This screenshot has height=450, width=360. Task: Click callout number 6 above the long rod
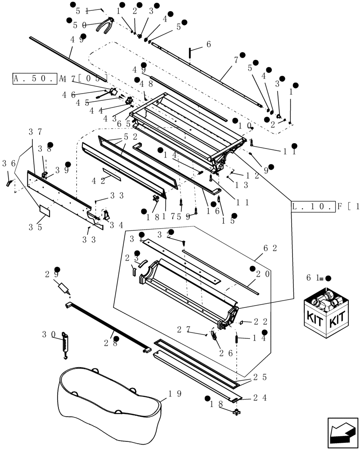pyautogui.click(x=208, y=44)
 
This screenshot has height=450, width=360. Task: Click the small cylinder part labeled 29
pyautogui.click(x=65, y=287)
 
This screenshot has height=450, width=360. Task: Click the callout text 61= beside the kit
pyautogui.click(x=314, y=278)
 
